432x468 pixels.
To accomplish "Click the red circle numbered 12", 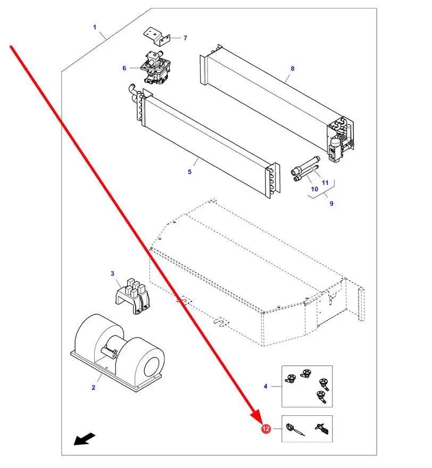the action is pyautogui.click(x=265, y=429).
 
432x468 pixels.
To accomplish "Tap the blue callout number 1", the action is pyautogui.click(x=95, y=27).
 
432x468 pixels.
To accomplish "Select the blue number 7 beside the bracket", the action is pyautogui.click(x=185, y=38).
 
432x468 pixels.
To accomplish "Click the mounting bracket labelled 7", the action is pyautogui.click(x=157, y=37).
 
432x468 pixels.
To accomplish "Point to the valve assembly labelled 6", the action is pyautogui.click(x=155, y=68).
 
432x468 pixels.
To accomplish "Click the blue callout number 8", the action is pyautogui.click(x=293, y=69).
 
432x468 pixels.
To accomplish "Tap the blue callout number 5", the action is pyautogui.click(x=189, y=172).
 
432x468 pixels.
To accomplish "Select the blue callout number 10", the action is pyautogui.click(x=314, y=189).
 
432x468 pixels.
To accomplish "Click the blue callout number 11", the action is pyautogui.click(x=325, y=182).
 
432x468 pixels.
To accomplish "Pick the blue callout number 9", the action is pyautogui.click(x=331, y=203).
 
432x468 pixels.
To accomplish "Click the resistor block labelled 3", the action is pyautogui.click(x=132, y=296).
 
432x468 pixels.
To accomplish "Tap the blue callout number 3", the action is pyautogui.click(x=112, y=273).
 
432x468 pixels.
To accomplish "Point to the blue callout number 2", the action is pyautogui.click(x=94, y=387).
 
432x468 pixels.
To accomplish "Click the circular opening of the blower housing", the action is pyautogui.click(x=152, y=367).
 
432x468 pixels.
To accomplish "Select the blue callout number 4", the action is pyautogui.click(x=265, y=386).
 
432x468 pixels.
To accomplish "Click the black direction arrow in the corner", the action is pyautogui.click(x=85, y=439).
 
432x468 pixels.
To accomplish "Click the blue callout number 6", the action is pyautogui.click(x=124, y=68).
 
